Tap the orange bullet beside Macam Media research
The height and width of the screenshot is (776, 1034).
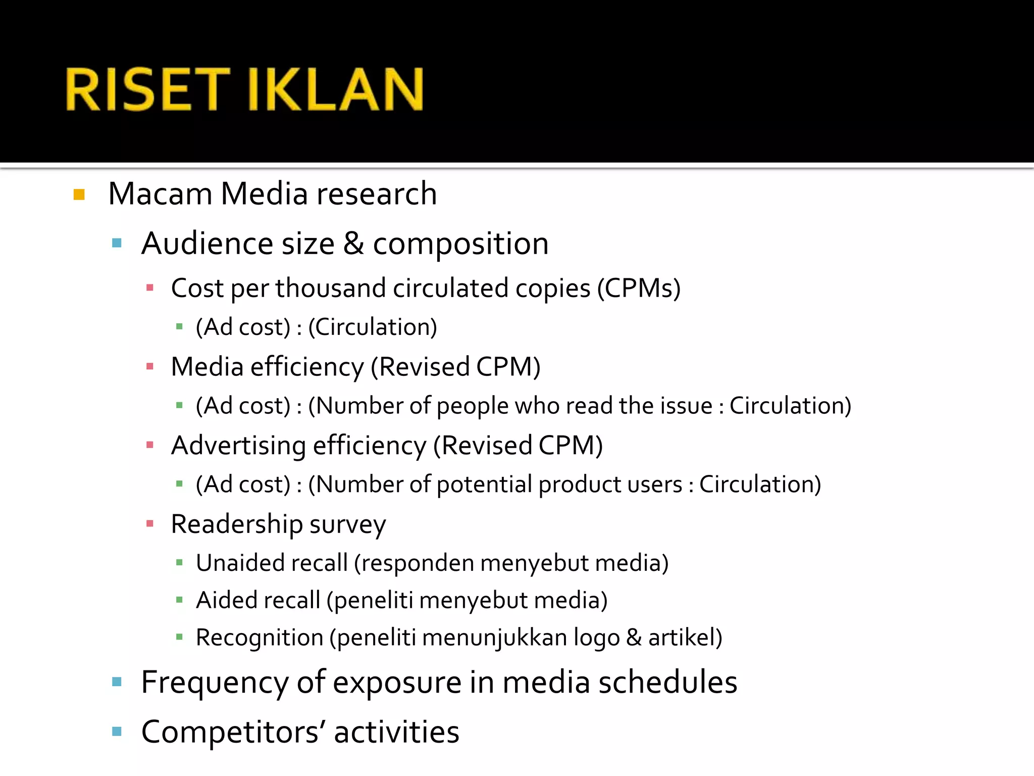pos(79,195)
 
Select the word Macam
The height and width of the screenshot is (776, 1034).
pos(160,194)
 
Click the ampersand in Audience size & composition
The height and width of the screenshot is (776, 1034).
pos(353,244)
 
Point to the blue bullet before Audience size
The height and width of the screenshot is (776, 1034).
pos(117,244)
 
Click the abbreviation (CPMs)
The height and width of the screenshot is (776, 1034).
pos(639,288)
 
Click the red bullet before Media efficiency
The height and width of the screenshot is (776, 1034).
pos(149,367)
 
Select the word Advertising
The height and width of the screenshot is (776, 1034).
pos(238,446)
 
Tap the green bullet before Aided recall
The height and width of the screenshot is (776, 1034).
pos(179,600)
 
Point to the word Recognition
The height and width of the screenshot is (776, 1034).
pos(260,638)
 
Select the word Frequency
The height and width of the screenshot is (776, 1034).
pos(215,683)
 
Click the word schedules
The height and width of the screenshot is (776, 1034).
pos(667,682)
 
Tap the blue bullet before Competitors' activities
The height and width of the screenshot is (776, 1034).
pos(117,732)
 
